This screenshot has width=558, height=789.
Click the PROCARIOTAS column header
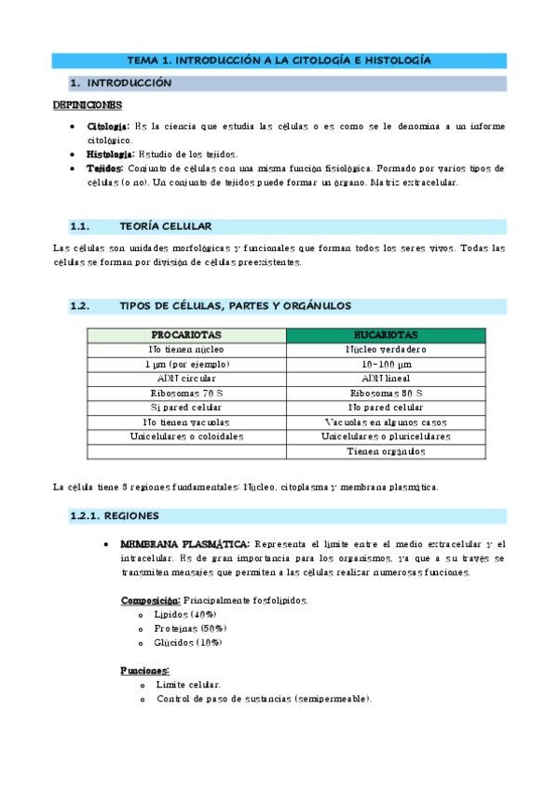(x=186, y=335)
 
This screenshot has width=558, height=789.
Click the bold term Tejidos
(x=104, y=168)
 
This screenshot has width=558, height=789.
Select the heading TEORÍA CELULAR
(x=166, y=226)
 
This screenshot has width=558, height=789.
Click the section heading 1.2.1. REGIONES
(x=115, y=515)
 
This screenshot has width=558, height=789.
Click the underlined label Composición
(x=151, y=600)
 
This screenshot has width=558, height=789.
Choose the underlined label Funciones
(x=144, y=670)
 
